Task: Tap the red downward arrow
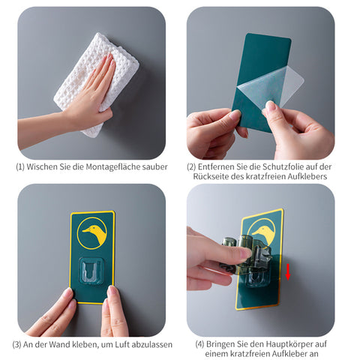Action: pos(288,271)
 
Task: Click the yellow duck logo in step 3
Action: pos(92,233)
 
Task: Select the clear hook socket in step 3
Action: pos(91,271)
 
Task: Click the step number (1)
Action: pos(20,166)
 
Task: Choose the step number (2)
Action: pos(191,166)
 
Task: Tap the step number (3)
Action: pos(16,344)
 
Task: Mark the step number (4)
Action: pos(199,344)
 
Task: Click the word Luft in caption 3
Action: pos(122,344)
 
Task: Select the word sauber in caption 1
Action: pos(155,167)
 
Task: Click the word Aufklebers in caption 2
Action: pos(307,176)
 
